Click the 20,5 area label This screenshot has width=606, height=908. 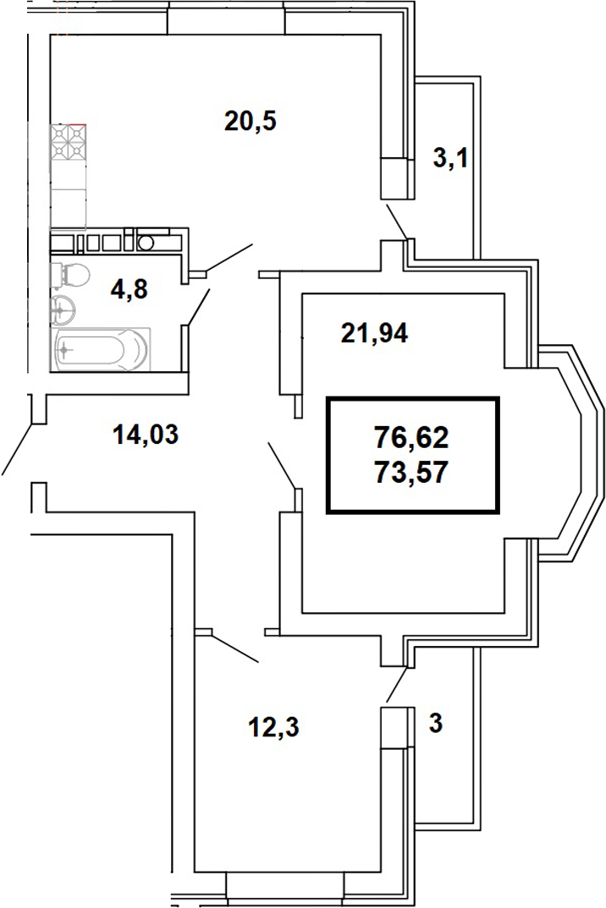click(251, 122)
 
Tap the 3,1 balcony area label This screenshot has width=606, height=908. click(450, 158)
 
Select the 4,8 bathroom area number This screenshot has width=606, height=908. click(129, 289)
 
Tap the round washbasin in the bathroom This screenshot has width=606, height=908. click(63, 310)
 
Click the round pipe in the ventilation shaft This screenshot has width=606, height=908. click(146, 243)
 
